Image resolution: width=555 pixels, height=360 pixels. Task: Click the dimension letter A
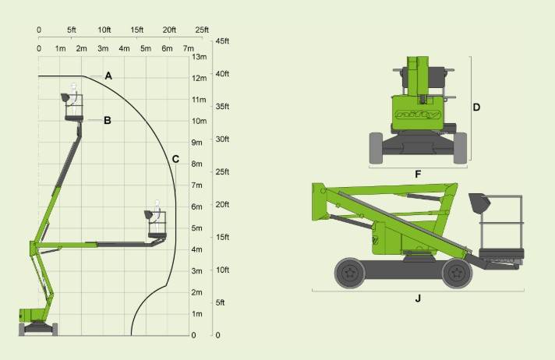(108, 76)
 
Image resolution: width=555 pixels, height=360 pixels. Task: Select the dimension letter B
(108, 120)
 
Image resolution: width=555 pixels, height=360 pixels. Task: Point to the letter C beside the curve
(175, 159)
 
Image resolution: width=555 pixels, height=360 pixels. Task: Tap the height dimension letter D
(476, 108)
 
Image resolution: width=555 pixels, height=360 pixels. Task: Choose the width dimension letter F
(418, 175)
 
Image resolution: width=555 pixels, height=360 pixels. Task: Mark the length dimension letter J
(418, 298)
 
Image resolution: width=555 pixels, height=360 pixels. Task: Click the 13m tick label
(200, 57)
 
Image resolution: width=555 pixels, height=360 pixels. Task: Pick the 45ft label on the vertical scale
(222, 41)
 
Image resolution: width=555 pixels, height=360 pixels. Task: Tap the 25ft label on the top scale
(202, 30)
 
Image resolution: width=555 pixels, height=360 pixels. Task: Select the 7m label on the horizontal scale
(189, 48)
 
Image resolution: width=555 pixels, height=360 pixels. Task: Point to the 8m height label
(196, 164)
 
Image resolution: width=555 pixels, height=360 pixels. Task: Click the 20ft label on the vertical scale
(222, 204)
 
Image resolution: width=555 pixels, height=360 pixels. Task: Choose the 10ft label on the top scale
(104, 30)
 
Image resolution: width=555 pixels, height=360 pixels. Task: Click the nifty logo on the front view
(418, 115)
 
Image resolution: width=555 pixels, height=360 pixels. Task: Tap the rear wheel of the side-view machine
(350, 273)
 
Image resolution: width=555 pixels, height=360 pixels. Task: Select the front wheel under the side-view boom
(457, 273)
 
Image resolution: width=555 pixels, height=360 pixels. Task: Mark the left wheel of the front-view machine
(376, 148)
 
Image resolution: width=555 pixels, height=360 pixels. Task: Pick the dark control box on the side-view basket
(479, 203)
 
